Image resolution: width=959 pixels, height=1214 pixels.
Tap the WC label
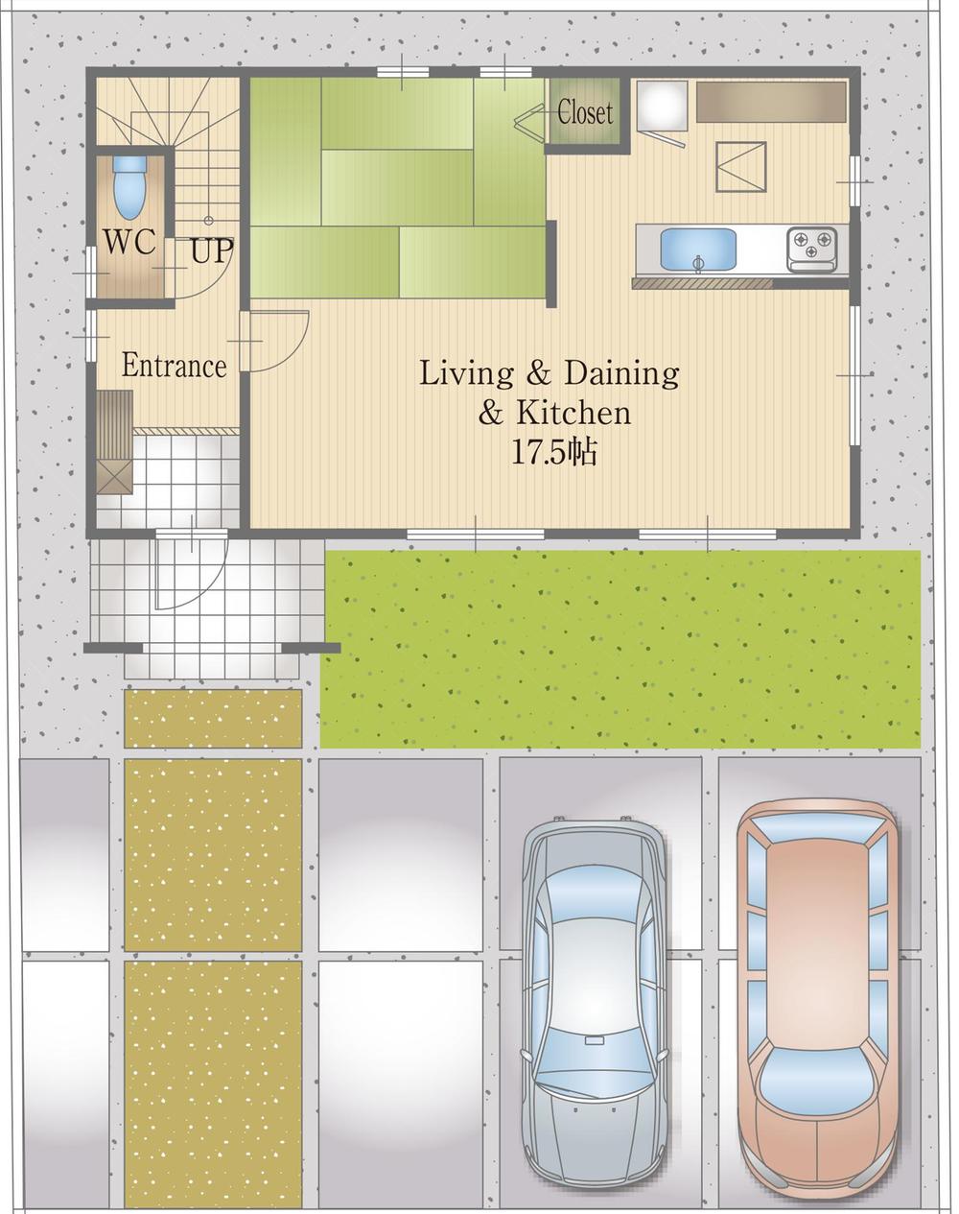click(129, 242)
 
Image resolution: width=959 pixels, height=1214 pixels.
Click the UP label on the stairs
click(211, 251)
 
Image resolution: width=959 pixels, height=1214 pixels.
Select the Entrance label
click(174, 366)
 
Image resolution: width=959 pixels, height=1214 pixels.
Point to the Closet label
click(584, 112)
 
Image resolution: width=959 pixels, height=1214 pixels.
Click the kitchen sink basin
click(698, 250)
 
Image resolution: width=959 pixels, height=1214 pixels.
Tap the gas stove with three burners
click(811, 249)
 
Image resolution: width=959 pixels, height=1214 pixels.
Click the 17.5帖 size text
click(553, 452)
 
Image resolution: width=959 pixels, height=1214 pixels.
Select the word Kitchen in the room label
click(573, 413)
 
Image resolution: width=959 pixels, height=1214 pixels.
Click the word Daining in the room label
click(621, 372)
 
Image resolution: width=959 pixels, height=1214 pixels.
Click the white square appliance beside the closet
click(662, 106)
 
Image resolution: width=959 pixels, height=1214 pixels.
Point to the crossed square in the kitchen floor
click(740, 167)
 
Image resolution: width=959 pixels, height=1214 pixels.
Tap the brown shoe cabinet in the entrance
click(114, 441)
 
